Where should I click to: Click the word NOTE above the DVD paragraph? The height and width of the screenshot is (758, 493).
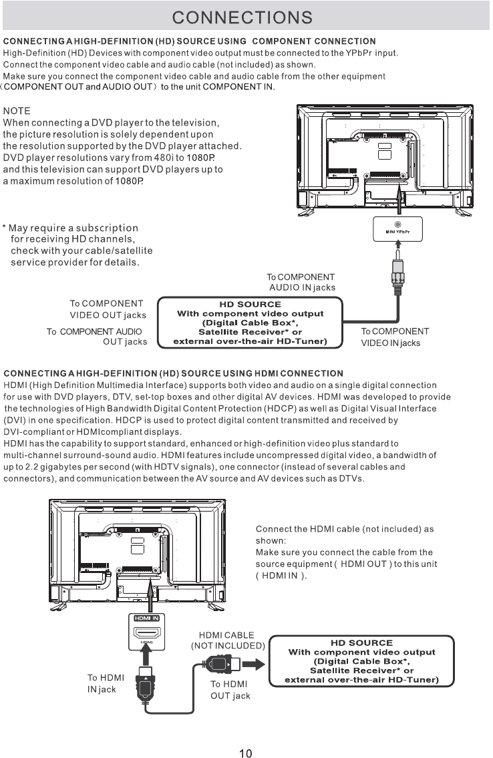[x=17, y=110]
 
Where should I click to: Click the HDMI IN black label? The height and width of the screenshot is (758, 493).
[x=146, y=618]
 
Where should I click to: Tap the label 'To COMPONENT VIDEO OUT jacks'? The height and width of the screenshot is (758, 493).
[x=108, y=309]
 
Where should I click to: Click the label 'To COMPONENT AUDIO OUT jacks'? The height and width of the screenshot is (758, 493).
[x=98, y=337]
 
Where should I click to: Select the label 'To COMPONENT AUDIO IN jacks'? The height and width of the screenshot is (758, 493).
[x=301, y=282]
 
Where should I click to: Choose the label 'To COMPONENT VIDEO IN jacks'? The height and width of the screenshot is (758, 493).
[x=395, y=337]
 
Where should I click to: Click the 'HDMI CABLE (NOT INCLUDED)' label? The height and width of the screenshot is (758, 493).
[x=228, y=640]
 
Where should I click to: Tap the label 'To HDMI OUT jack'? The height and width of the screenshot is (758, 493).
[x=230, y=690]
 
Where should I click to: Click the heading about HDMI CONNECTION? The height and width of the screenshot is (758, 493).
[x=174, y=373]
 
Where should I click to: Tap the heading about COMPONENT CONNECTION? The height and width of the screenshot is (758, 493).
[x=190, y=42]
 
